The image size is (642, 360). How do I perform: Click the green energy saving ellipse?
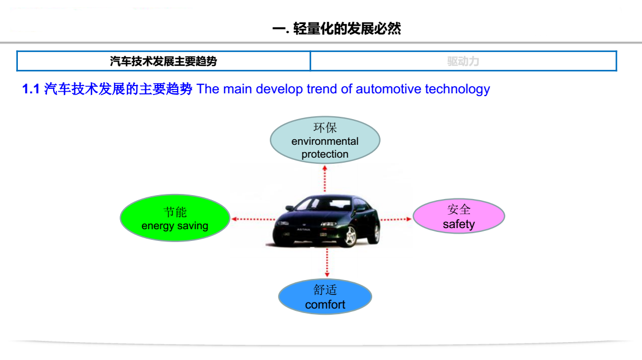click(x=175, y=218)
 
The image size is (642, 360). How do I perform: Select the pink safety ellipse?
click(x=459, y=216)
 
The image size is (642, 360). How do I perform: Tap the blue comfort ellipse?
click(x=325, y=297)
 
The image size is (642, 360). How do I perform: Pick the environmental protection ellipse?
click(x=325, y=140)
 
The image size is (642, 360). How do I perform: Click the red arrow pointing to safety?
click(x=396, y=220)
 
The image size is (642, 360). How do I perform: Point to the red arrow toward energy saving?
click(x=254, y=219)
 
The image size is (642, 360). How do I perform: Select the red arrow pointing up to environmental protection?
click(x=325, y=179)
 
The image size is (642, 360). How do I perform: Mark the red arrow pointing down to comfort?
click(x=327, y=263)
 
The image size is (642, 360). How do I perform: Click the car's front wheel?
click(x=350, y=236)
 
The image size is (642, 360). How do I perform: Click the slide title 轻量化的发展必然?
click(x=347, y=29)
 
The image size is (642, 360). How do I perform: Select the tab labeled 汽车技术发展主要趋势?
click(x=163, y=61)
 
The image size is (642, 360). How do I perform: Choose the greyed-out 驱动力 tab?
click(x=464, y=61)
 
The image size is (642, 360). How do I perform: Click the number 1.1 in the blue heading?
click(x=31, y=89)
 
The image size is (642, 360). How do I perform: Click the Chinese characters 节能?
click(x=175, y=212)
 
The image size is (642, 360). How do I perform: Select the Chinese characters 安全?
click(x=459, y=209)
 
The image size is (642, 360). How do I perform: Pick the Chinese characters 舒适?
click(x=325, y=290)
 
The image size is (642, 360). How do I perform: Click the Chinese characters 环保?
click(x=325, y=128)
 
